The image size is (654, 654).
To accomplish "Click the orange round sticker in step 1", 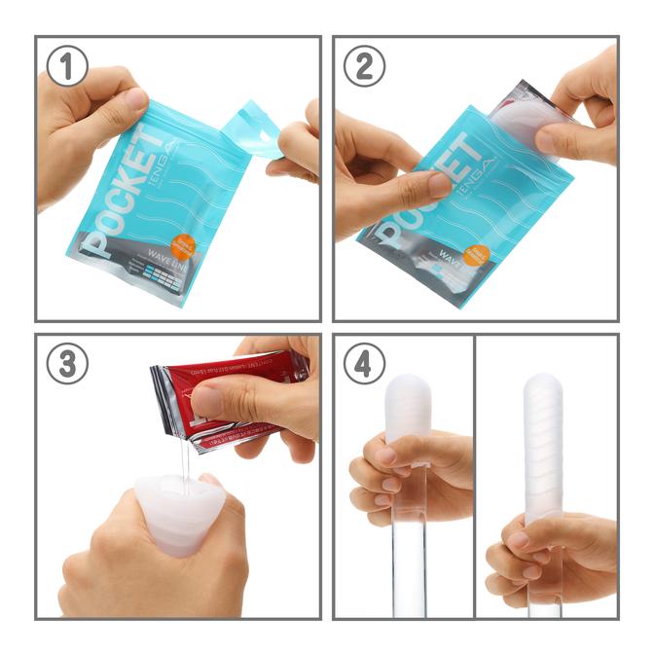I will coord(183,245).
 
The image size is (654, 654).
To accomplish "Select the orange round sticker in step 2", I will coord(478,255).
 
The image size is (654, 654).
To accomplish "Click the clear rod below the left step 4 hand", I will coord(409,564).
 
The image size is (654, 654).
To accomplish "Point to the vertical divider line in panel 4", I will coord(474,477).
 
